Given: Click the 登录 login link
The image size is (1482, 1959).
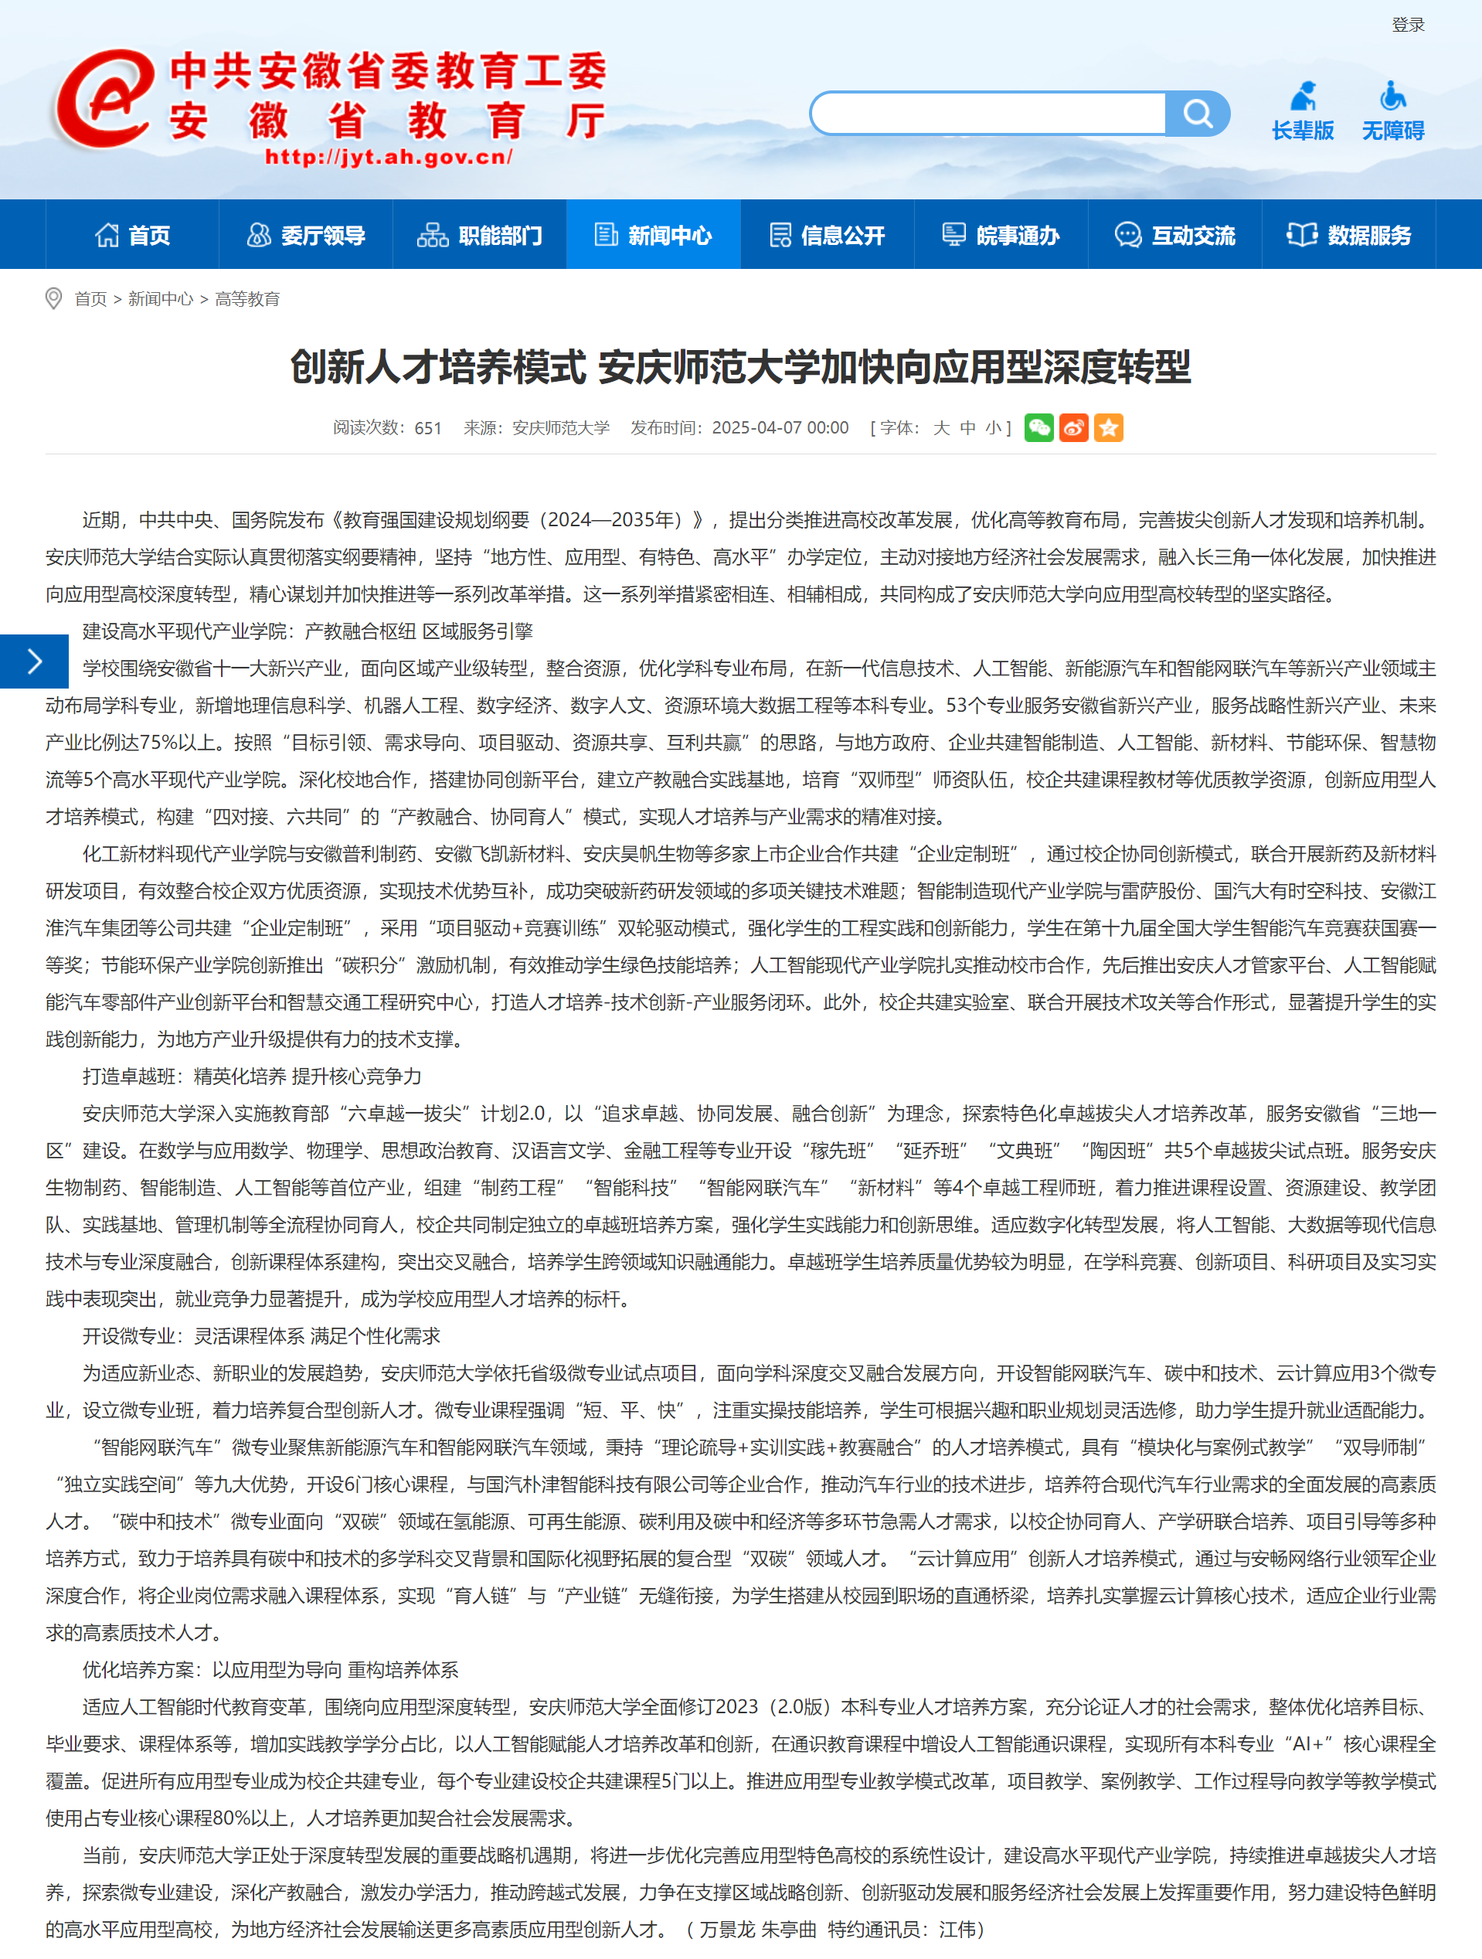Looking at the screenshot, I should [1408, 25].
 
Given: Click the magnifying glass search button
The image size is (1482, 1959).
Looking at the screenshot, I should [1197, 114].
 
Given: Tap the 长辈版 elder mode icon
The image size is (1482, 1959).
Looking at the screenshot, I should [1302, 111].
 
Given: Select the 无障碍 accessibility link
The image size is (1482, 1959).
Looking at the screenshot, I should [1392, 111].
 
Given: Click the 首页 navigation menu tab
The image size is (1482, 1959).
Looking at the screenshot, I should [132, 235].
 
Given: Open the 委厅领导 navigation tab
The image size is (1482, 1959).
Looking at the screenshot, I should [305, 235].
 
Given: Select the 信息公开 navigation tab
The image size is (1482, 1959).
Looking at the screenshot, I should [827, 235].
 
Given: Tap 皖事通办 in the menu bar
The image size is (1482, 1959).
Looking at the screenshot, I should [1001, 235].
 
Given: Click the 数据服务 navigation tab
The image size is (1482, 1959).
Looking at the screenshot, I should [1348, 235].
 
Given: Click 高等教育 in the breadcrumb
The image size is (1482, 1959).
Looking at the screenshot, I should [247, 299].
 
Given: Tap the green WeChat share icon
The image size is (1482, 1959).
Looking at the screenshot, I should [1038, 428].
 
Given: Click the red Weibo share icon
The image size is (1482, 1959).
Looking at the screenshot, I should [1073, 428].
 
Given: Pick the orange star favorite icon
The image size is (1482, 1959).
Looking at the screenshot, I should [1108, 428].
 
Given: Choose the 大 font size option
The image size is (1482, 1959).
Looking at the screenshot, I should [941, 428].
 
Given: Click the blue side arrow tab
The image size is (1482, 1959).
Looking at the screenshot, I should [34, 661].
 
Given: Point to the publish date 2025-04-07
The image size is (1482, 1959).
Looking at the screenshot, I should [780, 428].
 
